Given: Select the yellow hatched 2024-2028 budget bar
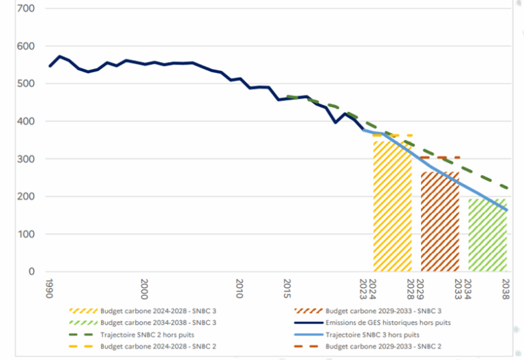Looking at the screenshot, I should coord(392,205).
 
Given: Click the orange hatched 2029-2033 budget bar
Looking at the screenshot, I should coord(440,222).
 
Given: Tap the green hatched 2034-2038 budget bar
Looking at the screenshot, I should coord(487,235).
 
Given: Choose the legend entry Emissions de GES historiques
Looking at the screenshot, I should coord(383,322).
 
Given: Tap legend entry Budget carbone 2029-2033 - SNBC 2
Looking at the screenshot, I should coord(383,346).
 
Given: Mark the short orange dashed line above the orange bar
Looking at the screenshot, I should coord(440,157).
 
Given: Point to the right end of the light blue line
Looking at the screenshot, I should coord(507,210).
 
